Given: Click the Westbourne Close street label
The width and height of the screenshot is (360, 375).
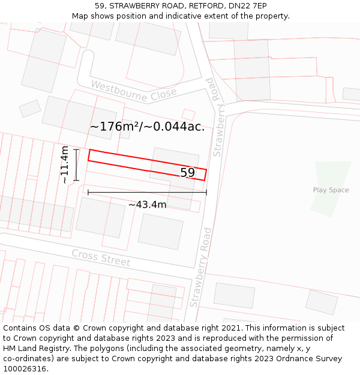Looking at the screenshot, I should [x=134, y=91].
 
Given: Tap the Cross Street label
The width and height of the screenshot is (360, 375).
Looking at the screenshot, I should [x=101, y=258].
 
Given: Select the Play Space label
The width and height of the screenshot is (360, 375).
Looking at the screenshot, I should [x=331, y=190].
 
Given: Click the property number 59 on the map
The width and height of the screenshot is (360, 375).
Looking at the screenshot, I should [x=188, y=173].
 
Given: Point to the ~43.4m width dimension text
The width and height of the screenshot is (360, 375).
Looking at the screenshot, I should [x=147, y=205].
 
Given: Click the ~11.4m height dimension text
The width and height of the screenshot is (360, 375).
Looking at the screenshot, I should [x=65, y=164].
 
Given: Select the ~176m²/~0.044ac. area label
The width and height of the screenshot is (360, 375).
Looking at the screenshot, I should [x=147, y=127].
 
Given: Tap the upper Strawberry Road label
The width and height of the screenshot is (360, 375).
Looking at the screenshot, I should [x=217, y=117].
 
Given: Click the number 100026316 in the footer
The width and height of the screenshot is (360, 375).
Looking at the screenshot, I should [x=26, y=368].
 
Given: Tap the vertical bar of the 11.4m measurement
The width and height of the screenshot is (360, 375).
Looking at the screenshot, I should [x=76, y=164].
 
